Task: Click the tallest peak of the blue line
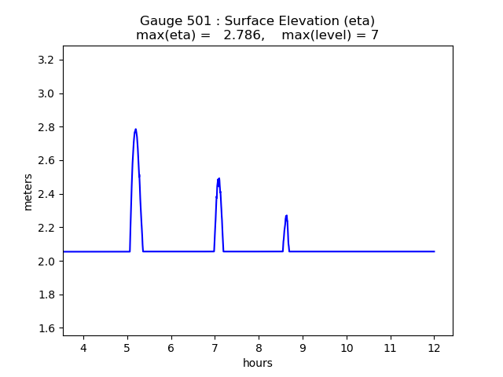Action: (135, 130)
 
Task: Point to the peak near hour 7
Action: (218, 179)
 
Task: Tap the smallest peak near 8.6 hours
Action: (286, 215)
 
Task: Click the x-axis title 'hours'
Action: (258, 363)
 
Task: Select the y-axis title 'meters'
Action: (28, 192)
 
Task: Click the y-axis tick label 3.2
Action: (46, 60)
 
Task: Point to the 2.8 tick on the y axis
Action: (46, 127)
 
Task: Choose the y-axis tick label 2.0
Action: (46, 262)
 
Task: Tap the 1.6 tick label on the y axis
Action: (46, 328)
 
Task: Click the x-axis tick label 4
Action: (83, 348)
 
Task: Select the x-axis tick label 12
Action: (434, 348)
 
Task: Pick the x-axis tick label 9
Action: (303, 348)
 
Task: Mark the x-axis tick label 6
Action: (171, 348)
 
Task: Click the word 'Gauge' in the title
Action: (160, 21)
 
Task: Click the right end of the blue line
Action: (434, 251)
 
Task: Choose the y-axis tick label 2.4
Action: (46, 194)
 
